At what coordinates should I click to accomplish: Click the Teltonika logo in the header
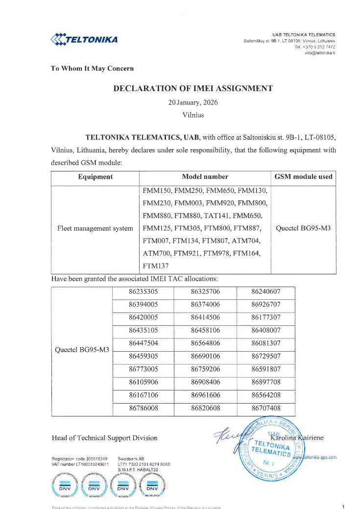[x=84, y=39]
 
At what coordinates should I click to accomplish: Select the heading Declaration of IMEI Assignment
[x=193, y=89]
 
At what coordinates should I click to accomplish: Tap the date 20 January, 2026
[x=193, y=103]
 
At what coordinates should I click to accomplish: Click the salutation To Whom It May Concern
[x=92, y=69]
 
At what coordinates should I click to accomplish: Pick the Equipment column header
[x=95, y=177]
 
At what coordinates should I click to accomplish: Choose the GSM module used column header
[x=303, y=177]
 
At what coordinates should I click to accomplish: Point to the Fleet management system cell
[x=95, y=228]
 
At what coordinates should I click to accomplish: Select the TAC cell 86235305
[x=144, y=292]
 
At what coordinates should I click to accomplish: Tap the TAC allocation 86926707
[x=266, y=304]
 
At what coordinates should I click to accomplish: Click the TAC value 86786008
[x=144, y=407]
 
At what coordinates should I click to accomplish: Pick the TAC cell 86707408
[x=266, y=407]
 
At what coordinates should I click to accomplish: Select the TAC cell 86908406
[x=206, y=382]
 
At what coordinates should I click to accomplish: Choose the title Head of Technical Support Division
[x=104, y=437]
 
